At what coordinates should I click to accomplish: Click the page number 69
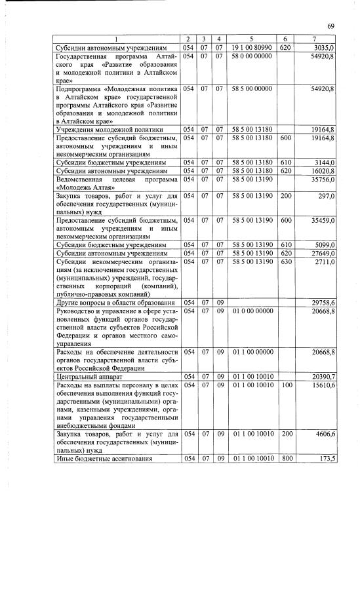[x=331, y=26]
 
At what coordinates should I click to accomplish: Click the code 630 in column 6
[x=285, y=261]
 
